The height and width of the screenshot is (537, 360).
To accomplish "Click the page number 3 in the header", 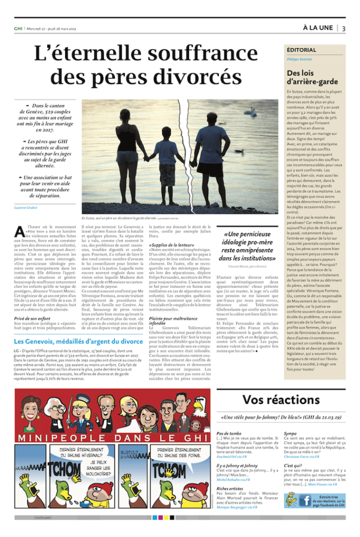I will coord(344,28).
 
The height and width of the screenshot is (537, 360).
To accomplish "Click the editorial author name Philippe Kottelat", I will coord(299,60).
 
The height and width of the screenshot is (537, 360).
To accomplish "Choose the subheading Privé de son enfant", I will coord(33,319).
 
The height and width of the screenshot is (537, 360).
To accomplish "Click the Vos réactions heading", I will coord(281,400).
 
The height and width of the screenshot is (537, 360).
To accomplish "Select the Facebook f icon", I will coord(305,501).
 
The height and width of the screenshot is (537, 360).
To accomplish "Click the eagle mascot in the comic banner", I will coord(199,408).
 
